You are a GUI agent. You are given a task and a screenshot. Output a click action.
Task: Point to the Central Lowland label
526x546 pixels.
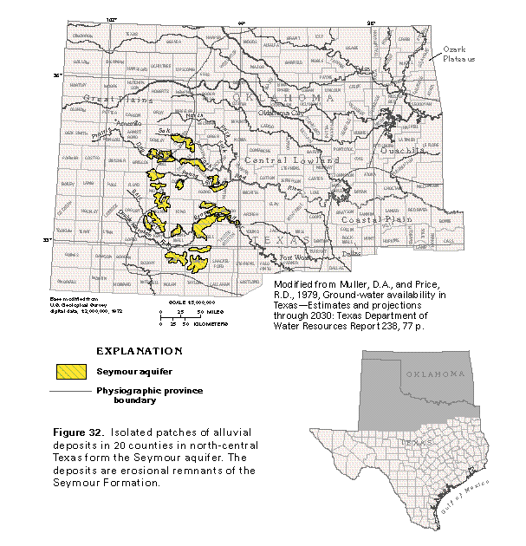coord(282,161)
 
